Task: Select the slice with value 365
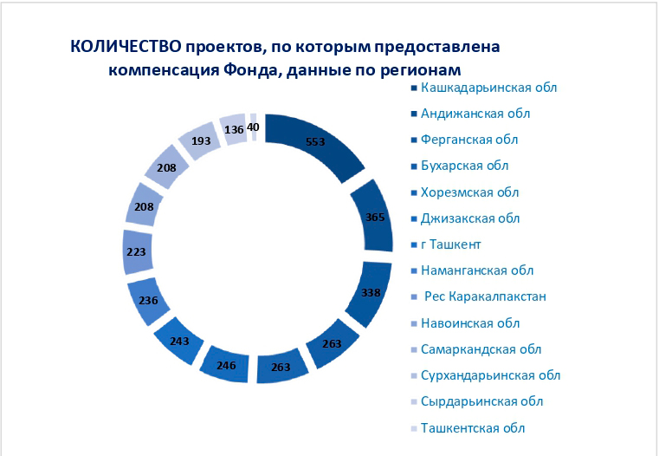tap(373, 217)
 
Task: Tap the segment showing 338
tap(370, 293)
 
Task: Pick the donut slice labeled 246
tap(225, 364)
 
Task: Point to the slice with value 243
tap(178, 341)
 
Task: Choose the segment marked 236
tap(148, 301)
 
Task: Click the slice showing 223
tap(137, 252)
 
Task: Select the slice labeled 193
tap(200, 140)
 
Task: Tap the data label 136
tap(234, 129)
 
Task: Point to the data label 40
tap(253, 127)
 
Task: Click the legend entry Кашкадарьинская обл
tap(484, 88)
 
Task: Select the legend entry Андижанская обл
tap(471, 114)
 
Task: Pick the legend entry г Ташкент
tap(446, 244)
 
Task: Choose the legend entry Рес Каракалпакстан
tap(479, 296)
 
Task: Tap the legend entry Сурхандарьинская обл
tap(486, 375)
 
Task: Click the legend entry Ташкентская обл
tap(468, 428)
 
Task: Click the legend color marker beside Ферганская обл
tap(414, 140)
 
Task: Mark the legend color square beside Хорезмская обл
tap(414, 192)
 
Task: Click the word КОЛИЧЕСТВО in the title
tap(126, 47)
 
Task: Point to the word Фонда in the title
tap(252, 70)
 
